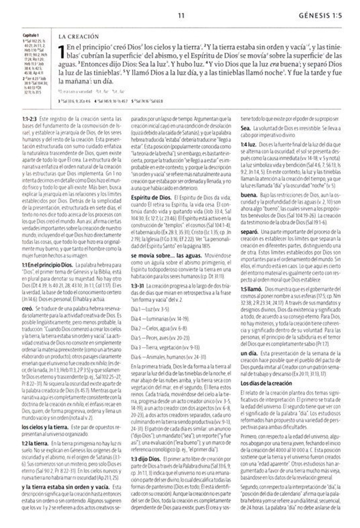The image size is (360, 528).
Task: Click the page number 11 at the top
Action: tap(181, 16)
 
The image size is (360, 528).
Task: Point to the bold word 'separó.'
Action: tap(249, 231)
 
